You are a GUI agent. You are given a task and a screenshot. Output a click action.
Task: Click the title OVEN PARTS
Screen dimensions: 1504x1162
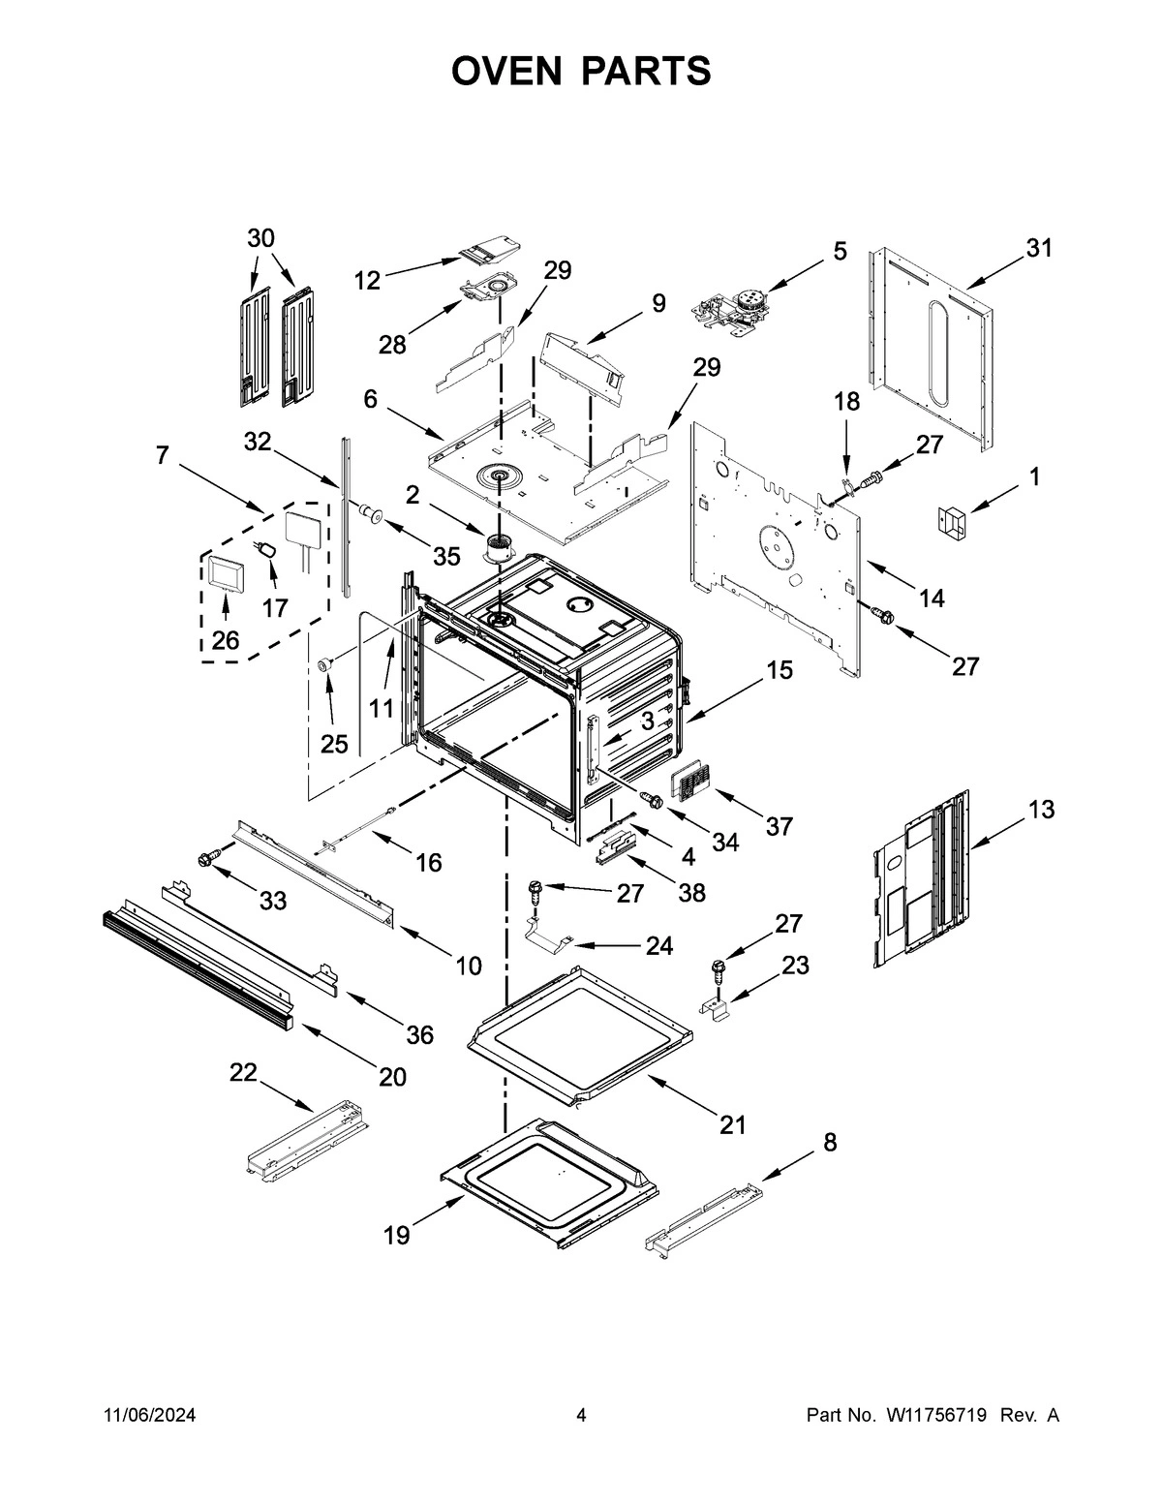click(581, 71)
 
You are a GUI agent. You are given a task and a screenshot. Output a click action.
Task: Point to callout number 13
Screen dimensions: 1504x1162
click(1041, 810)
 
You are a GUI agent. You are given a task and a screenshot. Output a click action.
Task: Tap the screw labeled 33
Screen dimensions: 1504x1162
click(207, 858)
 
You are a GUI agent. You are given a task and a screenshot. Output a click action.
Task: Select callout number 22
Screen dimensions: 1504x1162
click(243, 1072)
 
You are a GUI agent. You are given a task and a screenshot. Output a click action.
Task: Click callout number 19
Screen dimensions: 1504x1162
click(396, 1236)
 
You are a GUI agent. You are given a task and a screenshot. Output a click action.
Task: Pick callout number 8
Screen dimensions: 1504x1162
click(829, 1143)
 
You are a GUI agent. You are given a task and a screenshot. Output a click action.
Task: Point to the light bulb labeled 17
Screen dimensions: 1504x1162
click(267, 552)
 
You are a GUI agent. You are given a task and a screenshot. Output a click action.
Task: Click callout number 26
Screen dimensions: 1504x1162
click(225, 640)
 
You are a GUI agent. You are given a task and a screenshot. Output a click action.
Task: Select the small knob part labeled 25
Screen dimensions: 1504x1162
click(326, 663)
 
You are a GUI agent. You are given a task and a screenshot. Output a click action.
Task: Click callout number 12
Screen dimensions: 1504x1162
click(367, 281)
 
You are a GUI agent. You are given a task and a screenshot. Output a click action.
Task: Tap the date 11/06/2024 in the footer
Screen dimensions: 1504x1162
click(149, 1416)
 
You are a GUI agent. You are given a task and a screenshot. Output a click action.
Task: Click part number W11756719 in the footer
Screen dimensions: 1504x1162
click(934, 1416)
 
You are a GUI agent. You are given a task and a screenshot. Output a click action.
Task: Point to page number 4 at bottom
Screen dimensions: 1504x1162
click(581, 1416)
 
